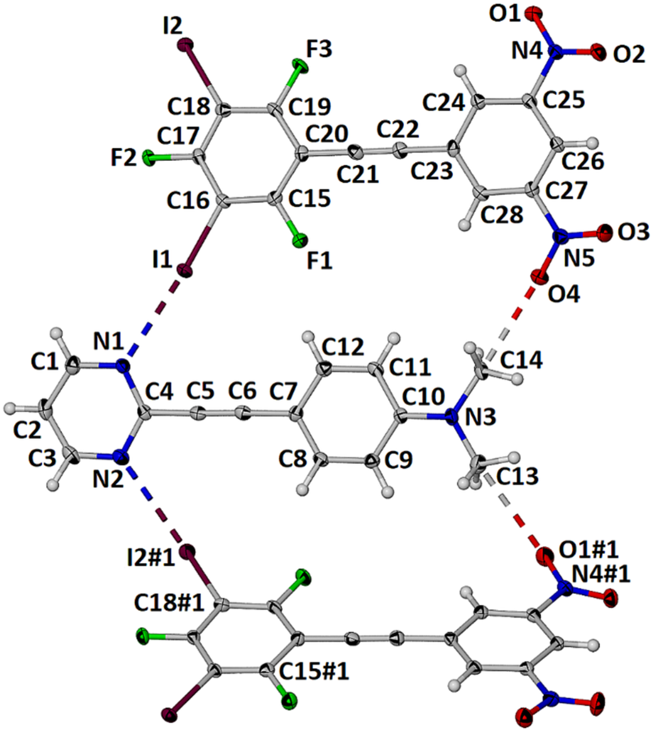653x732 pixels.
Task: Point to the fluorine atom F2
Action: [149, 158]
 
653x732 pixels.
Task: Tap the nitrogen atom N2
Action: [120, 456]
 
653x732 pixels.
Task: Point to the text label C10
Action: [423, 397]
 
